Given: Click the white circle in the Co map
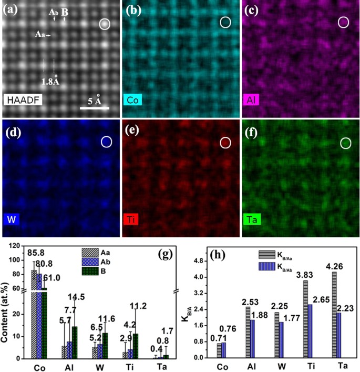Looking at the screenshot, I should point(225,22).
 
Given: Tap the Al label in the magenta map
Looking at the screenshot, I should point(251,99).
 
